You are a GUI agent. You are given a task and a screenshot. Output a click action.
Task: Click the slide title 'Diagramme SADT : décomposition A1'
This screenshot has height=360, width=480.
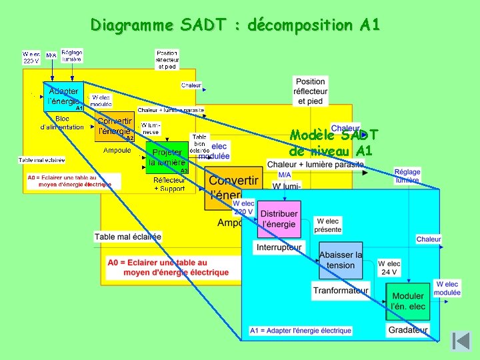[x=235, y=25]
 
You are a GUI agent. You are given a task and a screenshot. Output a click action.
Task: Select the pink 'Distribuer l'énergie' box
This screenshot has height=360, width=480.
[x=279, y=219]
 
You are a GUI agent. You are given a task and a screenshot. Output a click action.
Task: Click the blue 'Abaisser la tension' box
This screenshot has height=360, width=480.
[x=341, y=260]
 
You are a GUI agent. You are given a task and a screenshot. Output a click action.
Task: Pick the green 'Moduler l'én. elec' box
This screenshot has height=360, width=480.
[x=408, y=301]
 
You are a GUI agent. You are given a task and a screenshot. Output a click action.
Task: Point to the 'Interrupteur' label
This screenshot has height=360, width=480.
[x=279, y=247]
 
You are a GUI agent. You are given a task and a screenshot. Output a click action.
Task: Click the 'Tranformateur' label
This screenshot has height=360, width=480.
[x=341, y=290]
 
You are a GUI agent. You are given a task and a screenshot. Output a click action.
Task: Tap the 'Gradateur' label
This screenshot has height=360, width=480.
[x=408, y=329]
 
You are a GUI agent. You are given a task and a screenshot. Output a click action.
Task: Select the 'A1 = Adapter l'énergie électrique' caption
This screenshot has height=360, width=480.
[x=301, y=331]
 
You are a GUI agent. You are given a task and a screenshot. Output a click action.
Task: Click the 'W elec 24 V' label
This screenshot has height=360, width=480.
[x=389, y=267]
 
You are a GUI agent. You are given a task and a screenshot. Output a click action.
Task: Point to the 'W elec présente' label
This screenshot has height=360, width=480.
[x=328, y=225]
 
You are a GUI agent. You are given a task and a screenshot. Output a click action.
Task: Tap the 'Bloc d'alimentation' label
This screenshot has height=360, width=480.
[x=62, y=123]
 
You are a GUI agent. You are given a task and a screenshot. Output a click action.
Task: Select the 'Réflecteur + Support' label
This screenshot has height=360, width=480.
[x=169, y=184]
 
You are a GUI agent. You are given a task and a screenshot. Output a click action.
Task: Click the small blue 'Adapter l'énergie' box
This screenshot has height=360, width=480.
[x=63, y=96]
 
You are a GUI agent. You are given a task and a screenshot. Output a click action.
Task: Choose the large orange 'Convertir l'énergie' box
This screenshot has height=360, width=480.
[x=233, y=189]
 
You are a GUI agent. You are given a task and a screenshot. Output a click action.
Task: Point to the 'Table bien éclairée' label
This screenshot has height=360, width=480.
[x=199, y=143]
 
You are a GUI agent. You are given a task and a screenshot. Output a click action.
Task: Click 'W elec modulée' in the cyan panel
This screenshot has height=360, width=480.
[x=447, y=288]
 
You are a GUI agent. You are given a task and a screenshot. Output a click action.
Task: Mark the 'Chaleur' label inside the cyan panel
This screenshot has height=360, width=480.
[x=429, y=239]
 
